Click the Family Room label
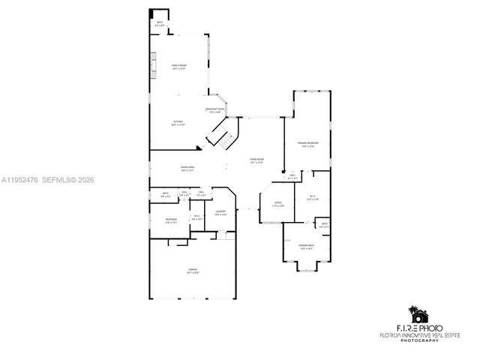178,67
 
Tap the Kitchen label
178,123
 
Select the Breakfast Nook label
215,111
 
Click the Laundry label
220,213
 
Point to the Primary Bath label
306,247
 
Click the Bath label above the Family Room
160,24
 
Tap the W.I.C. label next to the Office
313,198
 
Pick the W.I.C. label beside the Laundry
196,217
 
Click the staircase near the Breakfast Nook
223,136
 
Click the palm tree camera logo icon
416,313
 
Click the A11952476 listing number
21,180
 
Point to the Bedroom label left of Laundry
171,220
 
